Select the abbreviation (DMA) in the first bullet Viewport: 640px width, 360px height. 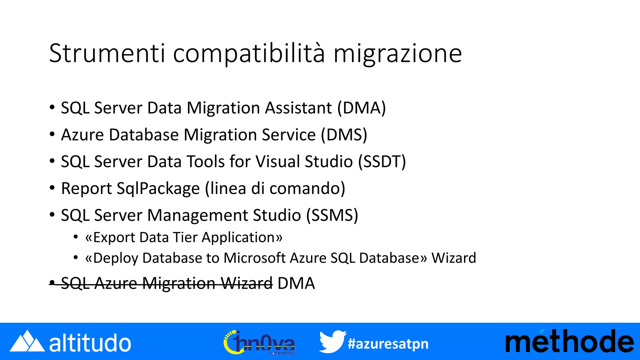(x=362, y=108)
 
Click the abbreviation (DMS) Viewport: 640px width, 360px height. (x=344, y=135)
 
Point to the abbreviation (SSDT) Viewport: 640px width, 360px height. (x=382, y=162)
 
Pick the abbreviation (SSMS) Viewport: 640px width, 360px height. (x=332, y=216)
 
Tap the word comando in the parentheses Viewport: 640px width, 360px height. (x=307, y=189)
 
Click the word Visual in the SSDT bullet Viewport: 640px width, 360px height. (x=277, y=162)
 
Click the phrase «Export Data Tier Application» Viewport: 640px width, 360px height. (x=184, y=237)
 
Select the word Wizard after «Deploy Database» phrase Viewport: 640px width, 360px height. (x=454, y=258)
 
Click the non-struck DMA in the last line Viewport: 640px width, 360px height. (x=296, y=283)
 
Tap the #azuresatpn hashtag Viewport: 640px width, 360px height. (x=388, y=344)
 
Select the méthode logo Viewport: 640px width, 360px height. (x=569, y=342)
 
